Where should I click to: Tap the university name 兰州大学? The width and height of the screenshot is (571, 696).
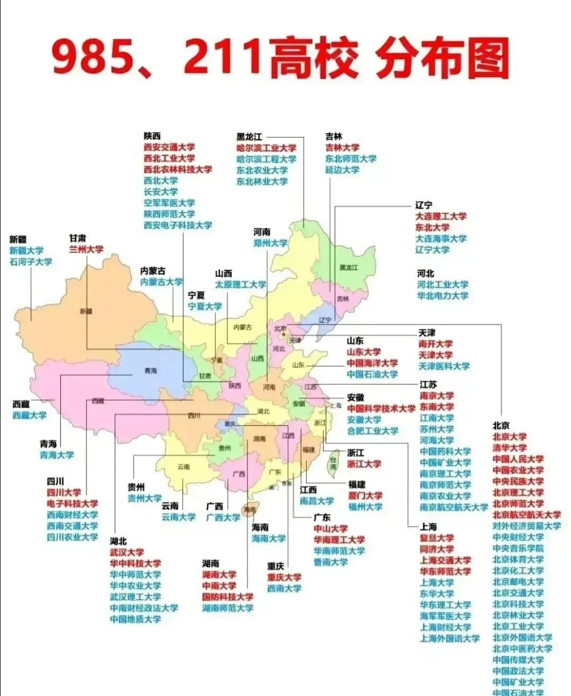click(86, 249)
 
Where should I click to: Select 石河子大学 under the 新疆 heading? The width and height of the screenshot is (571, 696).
click(31, 262)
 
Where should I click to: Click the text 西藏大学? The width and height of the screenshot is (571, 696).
click(30, 415)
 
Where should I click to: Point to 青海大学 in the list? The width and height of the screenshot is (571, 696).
click(57, 455)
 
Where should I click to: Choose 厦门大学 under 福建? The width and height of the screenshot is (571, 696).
click(365, 495)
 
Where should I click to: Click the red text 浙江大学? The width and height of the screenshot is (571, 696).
click(364, 464)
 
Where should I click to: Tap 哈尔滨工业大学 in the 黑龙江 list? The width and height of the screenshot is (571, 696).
click(266, 147)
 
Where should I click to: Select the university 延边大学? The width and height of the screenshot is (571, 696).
click(343, 170)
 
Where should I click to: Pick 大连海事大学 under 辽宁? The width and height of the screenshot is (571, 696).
click(441, 238)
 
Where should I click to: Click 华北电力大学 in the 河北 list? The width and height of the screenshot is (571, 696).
click(443, 296)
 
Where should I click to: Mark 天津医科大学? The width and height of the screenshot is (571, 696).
click(444, 366)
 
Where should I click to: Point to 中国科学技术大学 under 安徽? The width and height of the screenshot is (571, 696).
click(381, 408)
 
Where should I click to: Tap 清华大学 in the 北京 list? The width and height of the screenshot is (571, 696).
click(510, 448)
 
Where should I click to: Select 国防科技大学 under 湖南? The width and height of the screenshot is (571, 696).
click(228, 596)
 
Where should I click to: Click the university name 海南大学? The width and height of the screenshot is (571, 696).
click(269, 538)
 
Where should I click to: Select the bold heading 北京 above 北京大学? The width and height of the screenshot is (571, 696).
click(501, 425)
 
